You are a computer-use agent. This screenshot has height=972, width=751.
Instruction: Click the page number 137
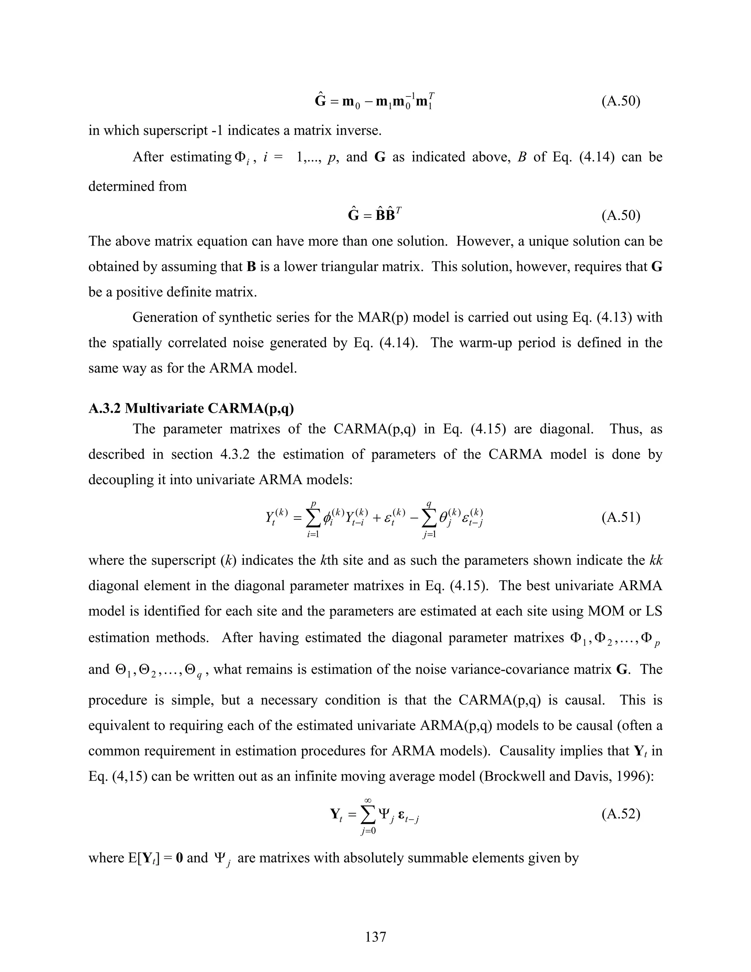coord(375,936)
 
